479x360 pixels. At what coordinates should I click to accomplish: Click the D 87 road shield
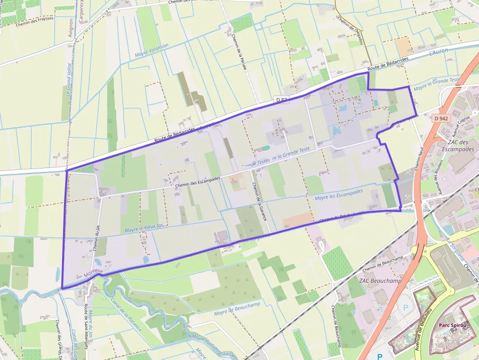[282, 100]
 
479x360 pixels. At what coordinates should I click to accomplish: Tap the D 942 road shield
[441, 118]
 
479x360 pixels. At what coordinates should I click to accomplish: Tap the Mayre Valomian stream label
[152, 50]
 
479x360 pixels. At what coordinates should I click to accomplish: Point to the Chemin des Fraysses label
[34, 22]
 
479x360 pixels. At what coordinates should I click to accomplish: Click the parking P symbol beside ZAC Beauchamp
[405, 308]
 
